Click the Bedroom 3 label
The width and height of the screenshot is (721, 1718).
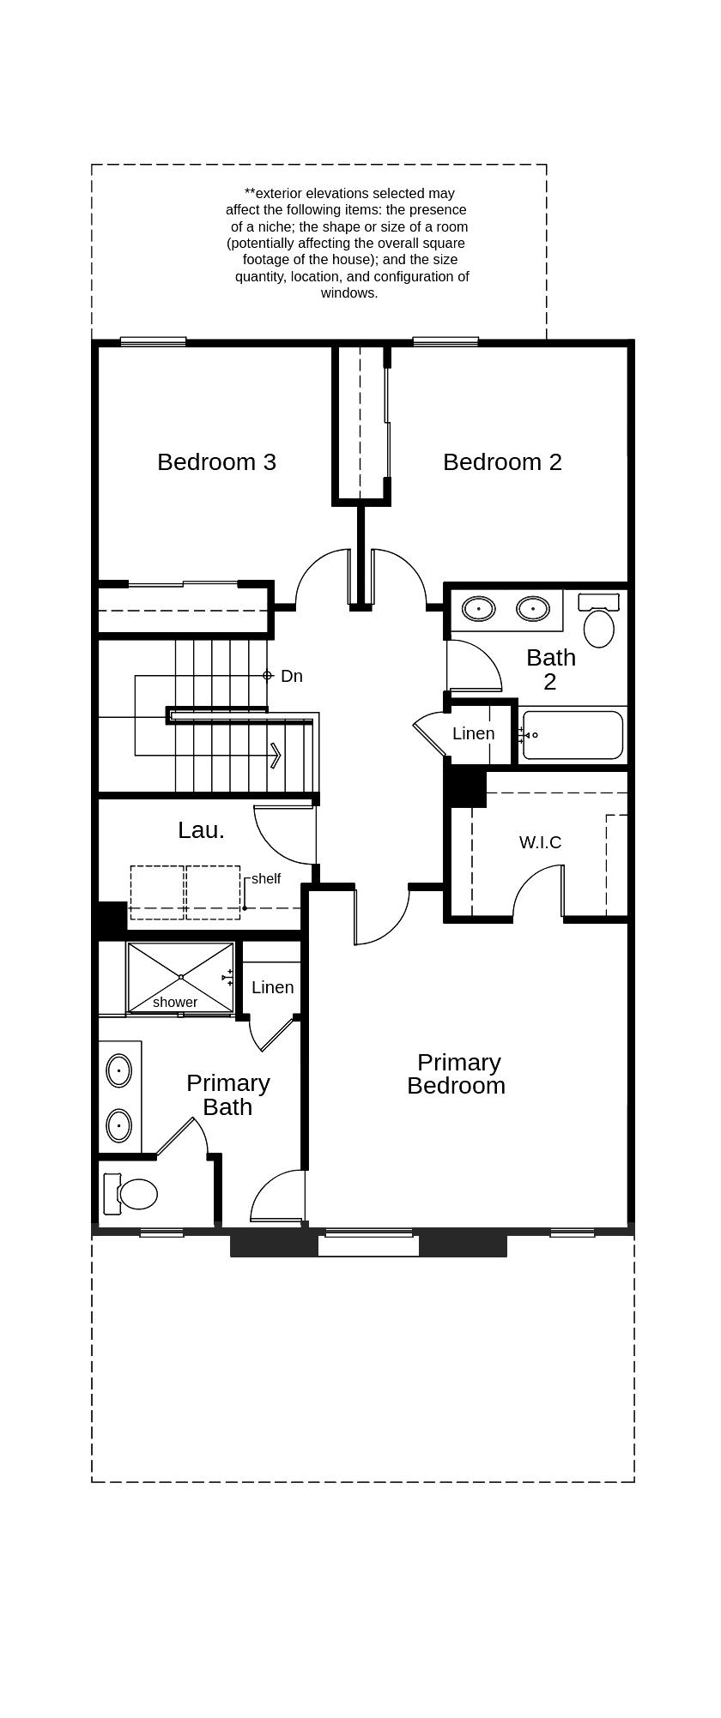[216, 462]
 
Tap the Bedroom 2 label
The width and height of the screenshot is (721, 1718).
[502, 462]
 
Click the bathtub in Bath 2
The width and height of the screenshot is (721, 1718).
[573, 735]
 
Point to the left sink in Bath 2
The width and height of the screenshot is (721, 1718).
[478, 609]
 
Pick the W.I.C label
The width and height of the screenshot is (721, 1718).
[540, 842]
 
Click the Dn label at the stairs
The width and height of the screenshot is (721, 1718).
[292, 676]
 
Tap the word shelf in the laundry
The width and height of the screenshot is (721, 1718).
[266, 879]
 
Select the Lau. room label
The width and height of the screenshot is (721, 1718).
[201, 830]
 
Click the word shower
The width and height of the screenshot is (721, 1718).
[175, 1002]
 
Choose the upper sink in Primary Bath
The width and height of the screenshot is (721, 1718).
[118, 1070]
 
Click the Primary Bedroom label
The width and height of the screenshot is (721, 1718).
[457, 1074]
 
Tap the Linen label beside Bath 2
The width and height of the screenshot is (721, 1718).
[473, 733]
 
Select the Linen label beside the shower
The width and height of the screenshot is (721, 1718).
[272, 987]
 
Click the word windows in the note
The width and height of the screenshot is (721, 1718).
[349, 293]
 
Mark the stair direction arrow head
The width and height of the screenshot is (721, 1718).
[276, 755]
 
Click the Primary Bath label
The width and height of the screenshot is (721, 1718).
[227, 1094]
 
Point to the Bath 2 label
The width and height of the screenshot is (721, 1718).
[550, 669]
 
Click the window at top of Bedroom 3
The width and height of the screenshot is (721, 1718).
[153, 341]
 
